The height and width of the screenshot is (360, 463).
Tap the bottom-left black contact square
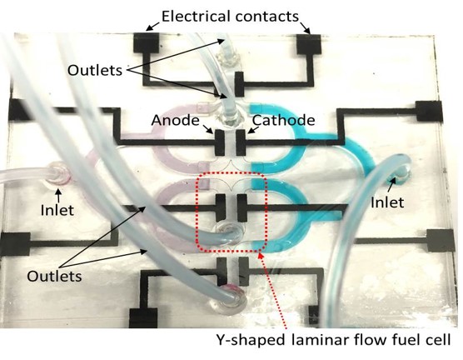click(x=136, y=318)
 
